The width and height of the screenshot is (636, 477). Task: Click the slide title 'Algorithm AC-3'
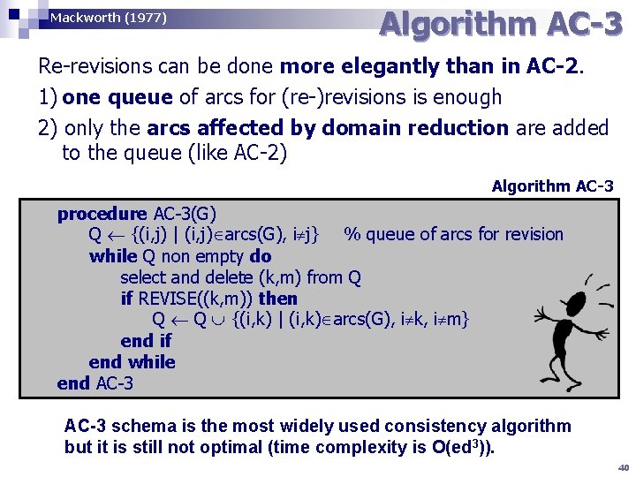coord(500,26)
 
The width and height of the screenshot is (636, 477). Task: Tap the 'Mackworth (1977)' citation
coord(108,18)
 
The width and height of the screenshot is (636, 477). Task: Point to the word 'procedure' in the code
coord(102,214)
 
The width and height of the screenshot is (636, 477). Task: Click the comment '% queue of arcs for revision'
coord(453,235)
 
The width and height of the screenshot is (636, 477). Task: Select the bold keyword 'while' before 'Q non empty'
coord(113,256)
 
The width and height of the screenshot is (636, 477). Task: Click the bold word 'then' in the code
coord(278,299)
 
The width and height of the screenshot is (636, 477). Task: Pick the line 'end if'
coord(146,341)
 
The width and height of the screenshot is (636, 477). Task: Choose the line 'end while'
coord(132,362)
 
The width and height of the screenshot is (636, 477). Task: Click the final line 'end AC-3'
coord(95,383)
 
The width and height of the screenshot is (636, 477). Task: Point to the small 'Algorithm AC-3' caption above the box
coord(552,186)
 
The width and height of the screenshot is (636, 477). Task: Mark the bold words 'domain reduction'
coord(415,128)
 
